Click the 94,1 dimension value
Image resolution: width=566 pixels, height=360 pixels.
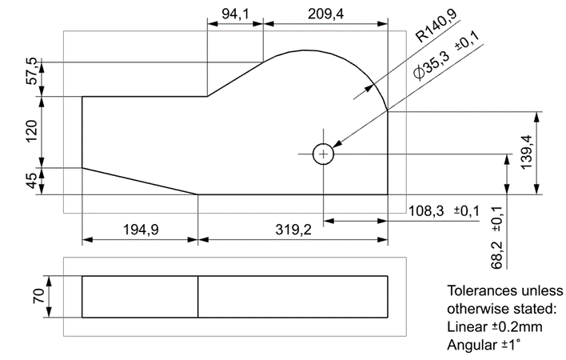coord(234,13)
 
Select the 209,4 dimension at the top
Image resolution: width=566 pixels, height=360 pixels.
coord(325,13)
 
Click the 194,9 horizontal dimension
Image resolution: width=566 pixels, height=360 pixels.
coord(141,230)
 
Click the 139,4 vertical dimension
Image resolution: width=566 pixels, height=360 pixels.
coord(549,153)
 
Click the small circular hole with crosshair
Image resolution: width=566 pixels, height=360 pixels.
coord(323,154)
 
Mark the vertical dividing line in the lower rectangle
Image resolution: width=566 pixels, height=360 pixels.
coord(198,296)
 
